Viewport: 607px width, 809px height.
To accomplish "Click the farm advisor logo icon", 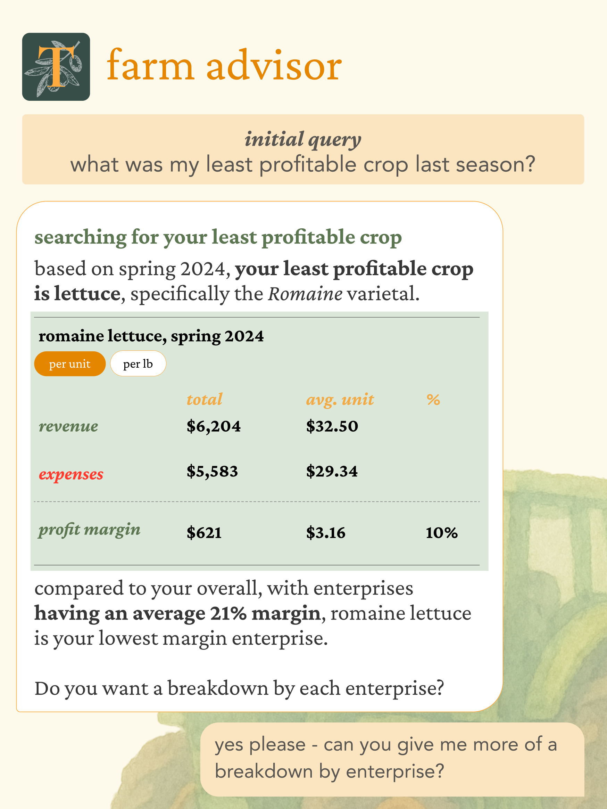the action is click(x=56, y=67).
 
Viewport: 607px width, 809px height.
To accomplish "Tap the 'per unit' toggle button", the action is click(x=70, y=363).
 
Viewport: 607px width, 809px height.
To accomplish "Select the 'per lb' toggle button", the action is click(x=138, y=363).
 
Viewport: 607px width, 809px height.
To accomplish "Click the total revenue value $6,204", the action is click(x=214, y=426).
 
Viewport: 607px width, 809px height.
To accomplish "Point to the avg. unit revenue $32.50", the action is click(x=332, y=426).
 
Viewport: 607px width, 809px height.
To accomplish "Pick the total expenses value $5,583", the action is click(x=212, y=471).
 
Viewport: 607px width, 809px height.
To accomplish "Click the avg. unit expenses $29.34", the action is click(x=332, y=471).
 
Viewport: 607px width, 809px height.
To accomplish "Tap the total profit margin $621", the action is click(x=204, y=532).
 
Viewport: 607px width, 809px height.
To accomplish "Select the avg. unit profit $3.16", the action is click(x=326, y=532).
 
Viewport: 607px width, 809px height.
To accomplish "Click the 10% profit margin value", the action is click(x=441, y=532).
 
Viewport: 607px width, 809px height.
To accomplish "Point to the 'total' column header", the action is click(x=204, y=399).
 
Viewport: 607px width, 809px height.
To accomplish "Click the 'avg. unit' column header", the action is click(x=340, y=400).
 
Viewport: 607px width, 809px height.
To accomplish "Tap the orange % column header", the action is click(x=433, y=399).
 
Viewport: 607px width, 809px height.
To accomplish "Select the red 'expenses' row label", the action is click(x=71, y=474).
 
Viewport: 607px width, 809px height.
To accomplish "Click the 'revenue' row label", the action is click(x=68, y=426).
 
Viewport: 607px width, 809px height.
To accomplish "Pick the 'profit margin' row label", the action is click(x=90, y=530).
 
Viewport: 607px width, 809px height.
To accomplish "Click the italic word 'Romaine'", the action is click(x=305, y=293).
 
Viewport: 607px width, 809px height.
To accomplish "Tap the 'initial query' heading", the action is click(x=303, y=140).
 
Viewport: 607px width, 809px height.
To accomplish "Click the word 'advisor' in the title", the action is click(x=274, y=66).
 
